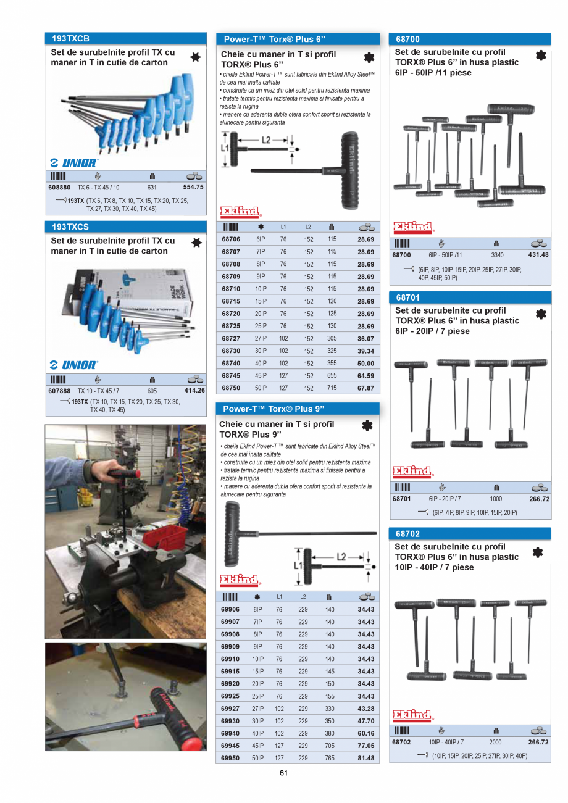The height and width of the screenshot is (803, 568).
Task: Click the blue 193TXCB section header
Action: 126,38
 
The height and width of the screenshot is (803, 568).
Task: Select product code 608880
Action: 59,187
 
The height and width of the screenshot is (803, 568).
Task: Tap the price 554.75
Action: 193,187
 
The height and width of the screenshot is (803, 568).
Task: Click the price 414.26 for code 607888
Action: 194,390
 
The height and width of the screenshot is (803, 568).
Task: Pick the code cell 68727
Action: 231,338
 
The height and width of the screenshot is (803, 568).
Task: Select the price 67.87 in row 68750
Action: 365,388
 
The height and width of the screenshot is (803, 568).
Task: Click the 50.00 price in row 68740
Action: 365,364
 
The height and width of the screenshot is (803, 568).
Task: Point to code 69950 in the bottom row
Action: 230,758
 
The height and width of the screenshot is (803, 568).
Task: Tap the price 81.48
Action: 365,758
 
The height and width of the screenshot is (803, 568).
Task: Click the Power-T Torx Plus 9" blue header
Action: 297,409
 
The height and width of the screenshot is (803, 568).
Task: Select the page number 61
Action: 284,773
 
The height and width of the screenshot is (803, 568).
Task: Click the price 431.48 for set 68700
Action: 538,254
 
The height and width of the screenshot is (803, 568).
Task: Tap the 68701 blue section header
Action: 470,297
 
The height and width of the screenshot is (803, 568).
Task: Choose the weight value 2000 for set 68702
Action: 495,742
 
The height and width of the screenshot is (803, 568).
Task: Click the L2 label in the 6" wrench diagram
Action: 265,140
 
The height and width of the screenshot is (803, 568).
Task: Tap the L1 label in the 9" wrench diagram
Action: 297,565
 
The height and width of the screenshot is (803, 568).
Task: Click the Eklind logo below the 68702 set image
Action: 412,715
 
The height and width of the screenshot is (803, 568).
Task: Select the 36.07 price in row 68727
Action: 365,338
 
